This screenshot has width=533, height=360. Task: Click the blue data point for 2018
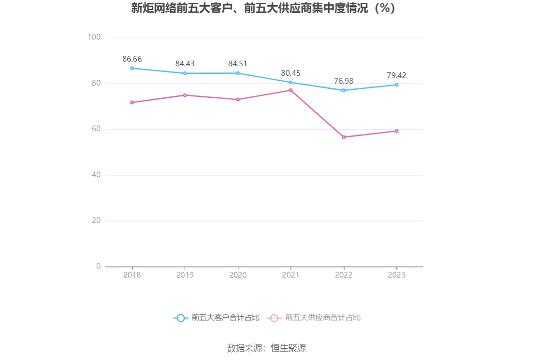(x=132, y=68)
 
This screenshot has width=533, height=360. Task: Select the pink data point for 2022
(x=344, y=137)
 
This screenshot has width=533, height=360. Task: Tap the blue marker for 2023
(x=396, y=85)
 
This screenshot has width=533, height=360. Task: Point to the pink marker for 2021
(x=290, y=90)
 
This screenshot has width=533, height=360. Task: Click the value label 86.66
(x=132, y=59)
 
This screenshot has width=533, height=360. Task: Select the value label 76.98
(x=344, y=81)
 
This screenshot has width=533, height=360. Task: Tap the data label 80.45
(x=290, y=73)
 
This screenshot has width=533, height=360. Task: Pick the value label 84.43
(x=185, y=64)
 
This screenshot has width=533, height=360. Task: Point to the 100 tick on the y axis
(x=94, y=37)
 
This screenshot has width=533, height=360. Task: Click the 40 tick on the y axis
(x=96, y=175)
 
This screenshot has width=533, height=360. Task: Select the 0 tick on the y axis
(x=98, y=266)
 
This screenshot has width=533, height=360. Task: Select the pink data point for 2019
(x=185, y=95)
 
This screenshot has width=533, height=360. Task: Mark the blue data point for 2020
(x=238, y=73)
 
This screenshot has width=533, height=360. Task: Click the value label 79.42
(x=396, y=76)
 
